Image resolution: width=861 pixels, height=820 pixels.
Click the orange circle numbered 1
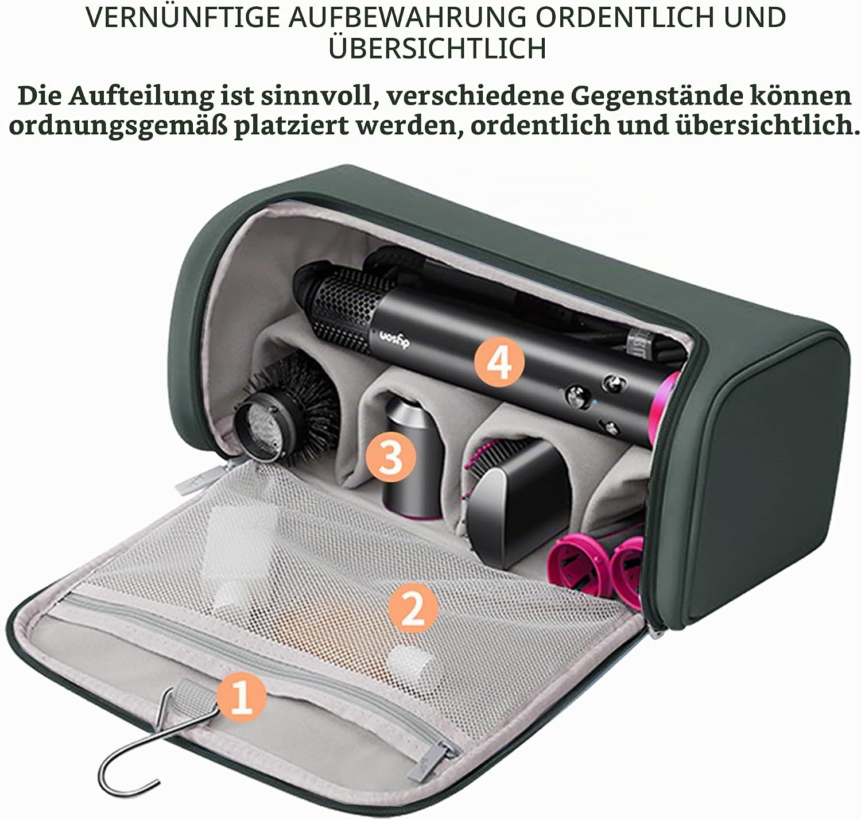[241, 697]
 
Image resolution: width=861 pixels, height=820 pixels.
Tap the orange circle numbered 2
[413, 608]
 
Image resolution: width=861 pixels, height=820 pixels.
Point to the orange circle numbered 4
[499, 362]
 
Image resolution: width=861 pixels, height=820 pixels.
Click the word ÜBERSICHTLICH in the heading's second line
[437, 48]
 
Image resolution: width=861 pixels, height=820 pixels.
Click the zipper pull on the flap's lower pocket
[432, 761]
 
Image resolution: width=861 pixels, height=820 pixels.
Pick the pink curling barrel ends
[596, 567]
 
